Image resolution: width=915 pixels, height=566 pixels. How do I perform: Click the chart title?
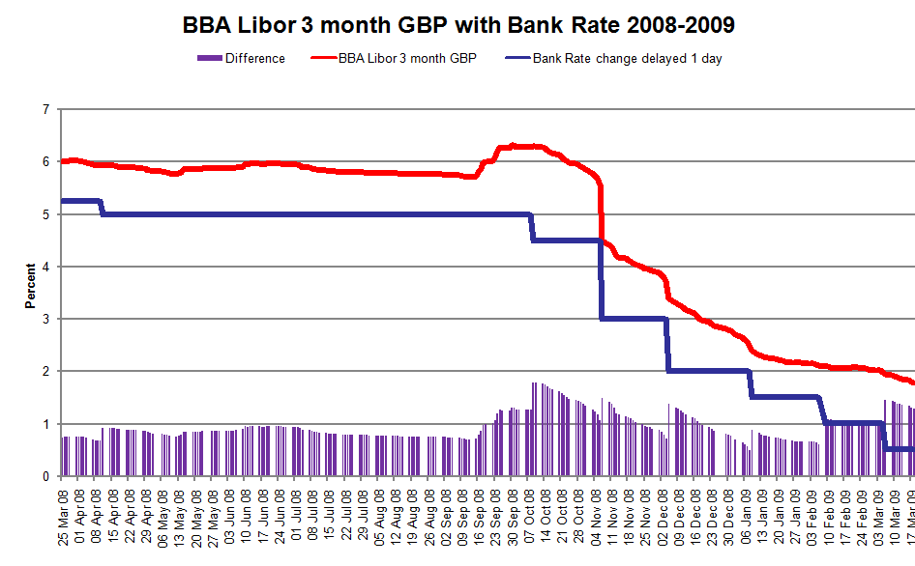pos(457,24)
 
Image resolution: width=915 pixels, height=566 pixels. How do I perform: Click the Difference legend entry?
pos(255,58)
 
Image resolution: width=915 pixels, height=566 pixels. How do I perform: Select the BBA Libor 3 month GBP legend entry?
pos(407,58)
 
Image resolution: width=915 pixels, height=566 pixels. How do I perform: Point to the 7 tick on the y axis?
pos(45,110)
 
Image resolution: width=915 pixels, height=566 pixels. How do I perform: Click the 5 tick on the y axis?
pos(45,214)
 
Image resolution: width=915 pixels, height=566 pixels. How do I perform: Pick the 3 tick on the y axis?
pos(45,319)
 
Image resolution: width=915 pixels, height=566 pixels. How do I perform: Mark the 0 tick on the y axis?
pos(45,476)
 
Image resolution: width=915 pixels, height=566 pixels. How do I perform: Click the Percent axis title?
pos(30,287)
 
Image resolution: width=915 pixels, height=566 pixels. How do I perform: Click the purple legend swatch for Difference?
pos(209,58)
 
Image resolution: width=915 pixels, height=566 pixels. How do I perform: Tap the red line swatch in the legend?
pos(322,58)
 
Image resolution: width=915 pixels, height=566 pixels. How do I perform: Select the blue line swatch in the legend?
pos(517,58)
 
